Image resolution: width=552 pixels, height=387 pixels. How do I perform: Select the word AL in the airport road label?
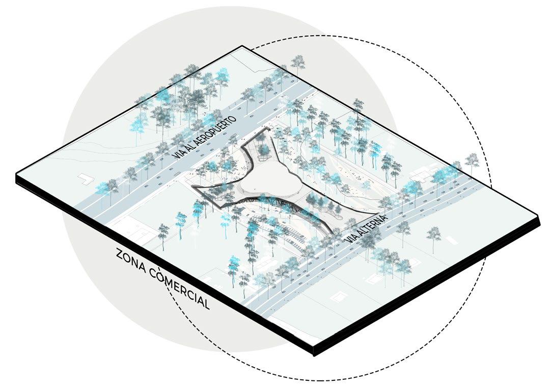coord(189,150)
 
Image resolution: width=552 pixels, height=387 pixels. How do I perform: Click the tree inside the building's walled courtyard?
coord(263,149)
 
